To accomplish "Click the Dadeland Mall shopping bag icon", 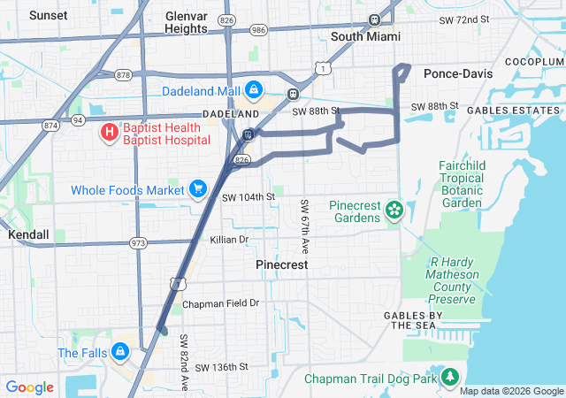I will coord(254,90).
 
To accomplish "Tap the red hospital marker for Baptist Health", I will coord(109,133).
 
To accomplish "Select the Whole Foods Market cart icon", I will coord(197,188).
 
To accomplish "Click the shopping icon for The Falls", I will coord(119,353).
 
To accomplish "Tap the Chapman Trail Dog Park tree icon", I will coord(451,379).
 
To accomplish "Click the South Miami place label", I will coord(365,36).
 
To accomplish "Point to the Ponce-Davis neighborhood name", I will coord(457,73).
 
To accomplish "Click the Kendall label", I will coord(28,236).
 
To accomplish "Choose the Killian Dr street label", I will coord(229,240).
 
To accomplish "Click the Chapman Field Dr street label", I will coord(220,303).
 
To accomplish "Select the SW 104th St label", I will coord(249,196).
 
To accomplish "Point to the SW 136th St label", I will coord(222,367).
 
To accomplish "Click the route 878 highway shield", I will coord(123,75).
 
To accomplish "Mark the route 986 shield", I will coord(256,29).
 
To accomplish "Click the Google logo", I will coord(30,387).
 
